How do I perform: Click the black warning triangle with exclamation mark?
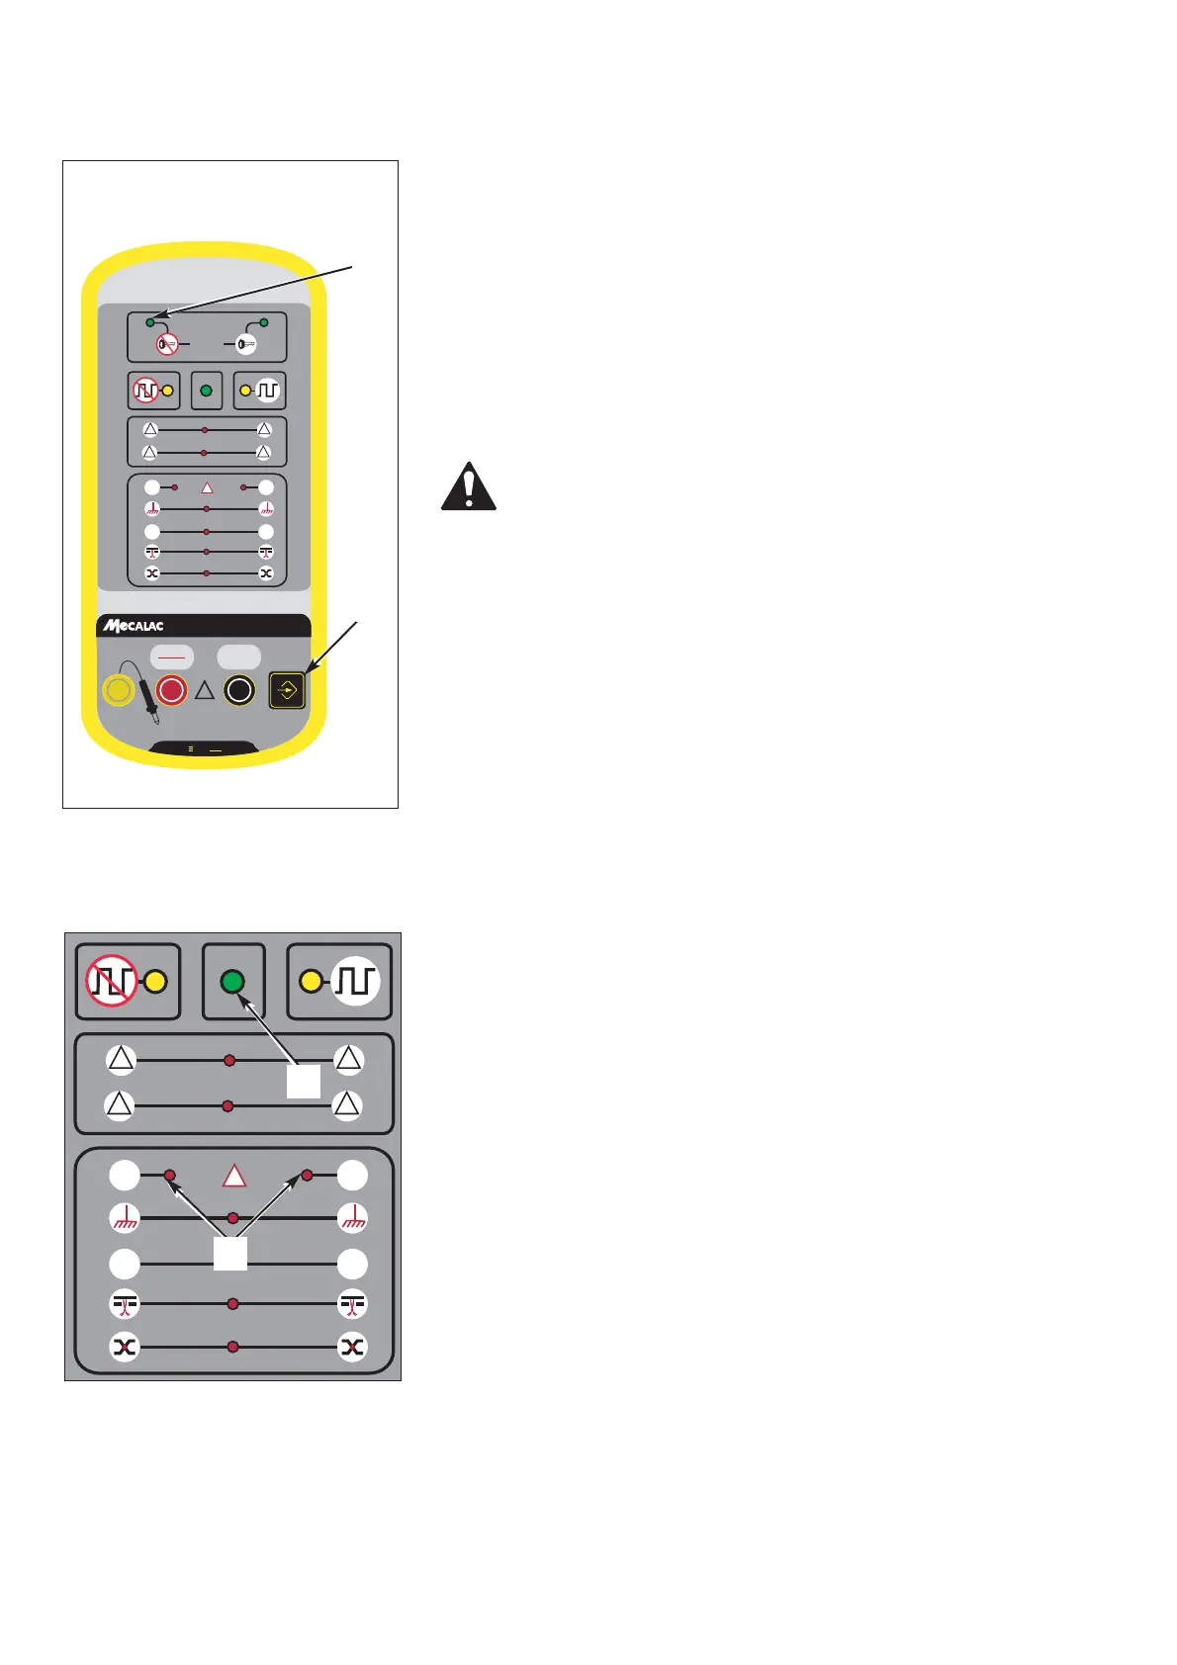pyautogui.click(x=468, y=486)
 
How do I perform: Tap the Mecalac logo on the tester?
pyautogui.click(x=135, y=626)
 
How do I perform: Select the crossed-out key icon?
pyautogui.click(x=167, y=345)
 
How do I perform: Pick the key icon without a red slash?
pyautogui.click(x=246, y=345)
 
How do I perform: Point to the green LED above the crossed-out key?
pyautogui.click(x=150, y=322)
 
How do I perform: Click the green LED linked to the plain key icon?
pyautogui.click(x=264, y=322)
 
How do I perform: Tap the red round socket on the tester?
pyautogui.click(x=172, y=690)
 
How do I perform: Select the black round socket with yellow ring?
pyautogui.click(x=239, y=690)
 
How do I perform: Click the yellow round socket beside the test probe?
pyautogui.click(x=119, y=690)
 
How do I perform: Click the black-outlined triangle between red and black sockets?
pyautogui.click(x=205, y=691)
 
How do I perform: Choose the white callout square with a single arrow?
pyautogui.click(x=304, y=1082)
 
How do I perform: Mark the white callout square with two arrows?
pyautogui.click(x=230, y=1253)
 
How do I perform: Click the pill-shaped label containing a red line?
pyautogui.click(x=172, y=657)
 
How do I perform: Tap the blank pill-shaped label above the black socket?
pyautogui.click(x=239, y=657)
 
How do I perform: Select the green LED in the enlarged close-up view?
pyautogui.click(x=232, y=982)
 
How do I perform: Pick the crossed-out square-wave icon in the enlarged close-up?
pyautogui.click(x=111, y=981)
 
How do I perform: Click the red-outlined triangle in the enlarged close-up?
pyautogui.click(x=234, y=1176)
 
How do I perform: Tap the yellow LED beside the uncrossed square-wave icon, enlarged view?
pyautogui.click(x=311, y=982)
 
